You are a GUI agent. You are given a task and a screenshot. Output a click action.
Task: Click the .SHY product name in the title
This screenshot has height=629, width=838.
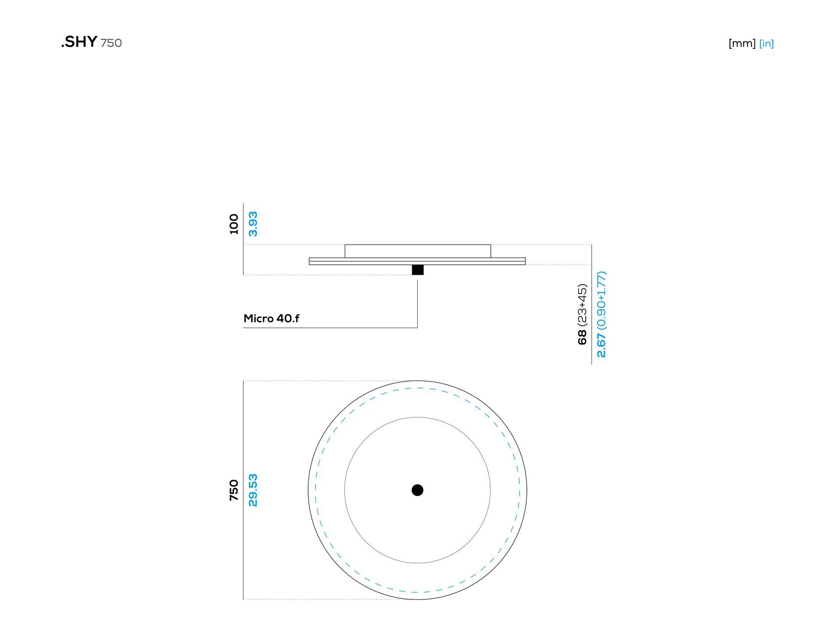click(x=79, y=42)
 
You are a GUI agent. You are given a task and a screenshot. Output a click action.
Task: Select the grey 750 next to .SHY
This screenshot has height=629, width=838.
click(x=111, y=43)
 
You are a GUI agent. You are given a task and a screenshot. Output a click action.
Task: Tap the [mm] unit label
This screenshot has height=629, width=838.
click(x=742, y=43)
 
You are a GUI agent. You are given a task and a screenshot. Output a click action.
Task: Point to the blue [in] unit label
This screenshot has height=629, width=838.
click(x=766, y=43)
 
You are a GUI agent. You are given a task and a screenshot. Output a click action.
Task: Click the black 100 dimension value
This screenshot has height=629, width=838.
click(x=234, y=224)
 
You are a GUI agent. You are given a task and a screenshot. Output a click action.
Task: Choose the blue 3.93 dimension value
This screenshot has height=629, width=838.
click(x=253, y=224)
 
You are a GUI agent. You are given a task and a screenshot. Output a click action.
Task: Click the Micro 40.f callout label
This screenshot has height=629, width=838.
click(x=271, y=318)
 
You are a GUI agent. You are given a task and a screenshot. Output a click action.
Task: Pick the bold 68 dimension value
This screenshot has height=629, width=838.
click(x=582, y=337)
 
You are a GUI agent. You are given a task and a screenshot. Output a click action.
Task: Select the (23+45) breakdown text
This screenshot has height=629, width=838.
click(x=582, y=305)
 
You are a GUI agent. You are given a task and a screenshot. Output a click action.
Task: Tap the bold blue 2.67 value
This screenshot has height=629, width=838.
click(x=601, y=345)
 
